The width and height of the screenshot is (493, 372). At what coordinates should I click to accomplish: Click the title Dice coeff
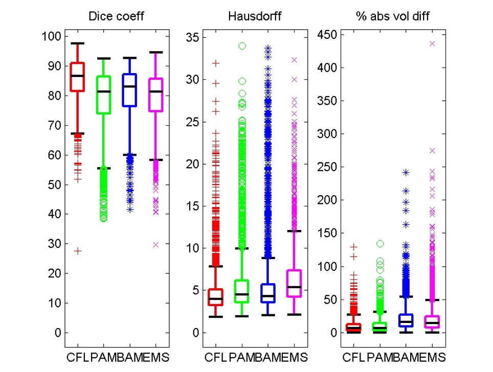pos(116,17)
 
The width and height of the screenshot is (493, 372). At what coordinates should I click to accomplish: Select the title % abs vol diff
pos(392,17)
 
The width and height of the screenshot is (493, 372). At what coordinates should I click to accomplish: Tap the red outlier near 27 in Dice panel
pos(77,251)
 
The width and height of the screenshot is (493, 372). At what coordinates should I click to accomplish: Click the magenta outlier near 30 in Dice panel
pos(155,245)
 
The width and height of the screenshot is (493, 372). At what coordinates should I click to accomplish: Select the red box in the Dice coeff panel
pos(77,77)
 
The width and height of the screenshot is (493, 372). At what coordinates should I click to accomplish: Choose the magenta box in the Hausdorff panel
pos(294,283)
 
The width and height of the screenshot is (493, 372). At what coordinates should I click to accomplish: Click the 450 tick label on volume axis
pos(327,35)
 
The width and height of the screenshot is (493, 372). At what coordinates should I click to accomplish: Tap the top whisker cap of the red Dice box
pos(77,44)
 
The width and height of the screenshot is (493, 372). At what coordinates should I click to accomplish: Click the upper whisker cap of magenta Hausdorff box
pos(294,231)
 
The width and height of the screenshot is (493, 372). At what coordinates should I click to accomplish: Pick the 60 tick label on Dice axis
pos(54,155)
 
